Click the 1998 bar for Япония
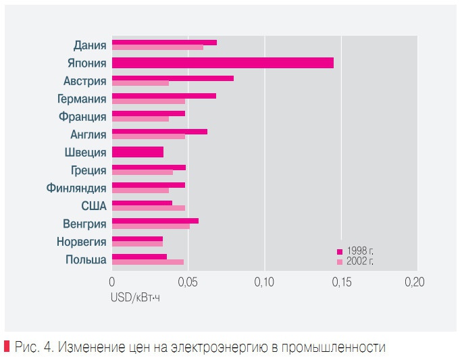point(222,63)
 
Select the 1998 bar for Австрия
point(172,78)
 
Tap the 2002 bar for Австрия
point(140,84)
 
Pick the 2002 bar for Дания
point(157,47)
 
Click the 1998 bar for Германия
point(163,96)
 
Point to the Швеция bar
point(137,152)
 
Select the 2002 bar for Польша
point(147,262)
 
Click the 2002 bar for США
point(148,207)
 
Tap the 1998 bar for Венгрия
point(155,220)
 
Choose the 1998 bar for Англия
point(159,132)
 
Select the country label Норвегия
point(80,242)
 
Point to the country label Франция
point(82,116)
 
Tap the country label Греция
point(88,170)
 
